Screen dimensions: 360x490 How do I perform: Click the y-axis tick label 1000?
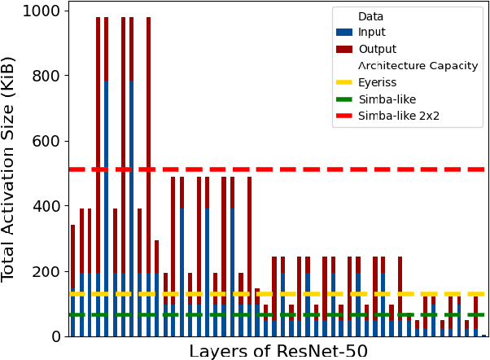point(42,11)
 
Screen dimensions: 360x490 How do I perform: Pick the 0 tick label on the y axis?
point(57,336)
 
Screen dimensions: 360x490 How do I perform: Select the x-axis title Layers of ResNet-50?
point(278,351)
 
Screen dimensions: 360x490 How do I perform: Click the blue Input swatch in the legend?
point(344,33)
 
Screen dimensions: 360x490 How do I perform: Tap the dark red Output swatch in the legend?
point(344,50)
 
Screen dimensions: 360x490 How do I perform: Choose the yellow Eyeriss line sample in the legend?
point(344,83)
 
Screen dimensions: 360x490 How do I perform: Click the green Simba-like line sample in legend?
point(344,99)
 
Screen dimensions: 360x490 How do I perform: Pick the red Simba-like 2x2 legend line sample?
point(344,116)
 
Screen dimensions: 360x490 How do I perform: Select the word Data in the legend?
point(370,16)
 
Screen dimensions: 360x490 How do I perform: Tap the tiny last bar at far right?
point(484,335)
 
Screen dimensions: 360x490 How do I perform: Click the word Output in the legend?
point(378,50)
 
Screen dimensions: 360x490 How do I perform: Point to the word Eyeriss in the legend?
point(378,83)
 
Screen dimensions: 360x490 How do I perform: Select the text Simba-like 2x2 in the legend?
point(399,116)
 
